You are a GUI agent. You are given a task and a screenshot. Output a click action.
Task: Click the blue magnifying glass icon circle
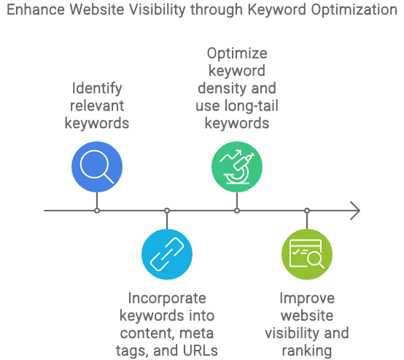click(97, 167)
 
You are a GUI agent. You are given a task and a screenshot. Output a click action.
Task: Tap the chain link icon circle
click(167, 254)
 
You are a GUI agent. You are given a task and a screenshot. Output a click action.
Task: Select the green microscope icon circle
click(237, 167)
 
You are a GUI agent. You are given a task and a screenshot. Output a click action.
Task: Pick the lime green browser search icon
click(307, 254)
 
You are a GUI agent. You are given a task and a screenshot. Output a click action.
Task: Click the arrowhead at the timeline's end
click(355, 211)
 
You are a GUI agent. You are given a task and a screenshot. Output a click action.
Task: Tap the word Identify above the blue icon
click(97, 89)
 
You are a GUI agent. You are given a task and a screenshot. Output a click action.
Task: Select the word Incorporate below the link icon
click(167, 299)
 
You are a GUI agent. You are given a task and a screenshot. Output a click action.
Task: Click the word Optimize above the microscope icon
click(237, 55)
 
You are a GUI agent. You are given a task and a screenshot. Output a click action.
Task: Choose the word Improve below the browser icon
click(307, 299)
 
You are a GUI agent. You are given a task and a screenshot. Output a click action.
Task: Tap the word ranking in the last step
click(307, 351)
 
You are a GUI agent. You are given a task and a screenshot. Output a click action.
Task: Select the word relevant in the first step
click(97, 106)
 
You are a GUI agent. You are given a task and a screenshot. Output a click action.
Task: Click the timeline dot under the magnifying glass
click(97, 211)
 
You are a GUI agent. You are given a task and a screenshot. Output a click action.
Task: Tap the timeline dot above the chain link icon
click(167, 211)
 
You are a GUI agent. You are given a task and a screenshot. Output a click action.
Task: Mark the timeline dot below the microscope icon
click(237, 211)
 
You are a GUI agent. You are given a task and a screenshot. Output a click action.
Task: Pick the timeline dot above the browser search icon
click(307, 211)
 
